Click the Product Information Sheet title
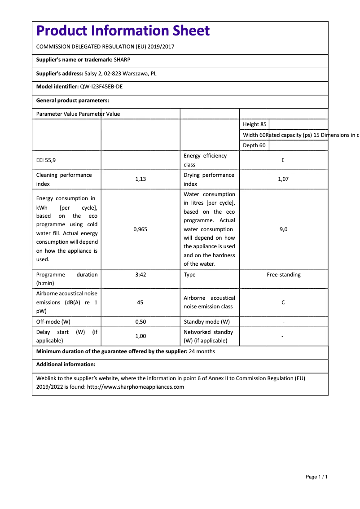[123, 31]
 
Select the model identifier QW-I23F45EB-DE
[101, 87]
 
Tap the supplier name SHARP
[122, 59]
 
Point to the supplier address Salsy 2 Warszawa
[120, 73]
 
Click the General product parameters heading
[72, 101]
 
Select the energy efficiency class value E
[283, 160]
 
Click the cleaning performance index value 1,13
[140, 179]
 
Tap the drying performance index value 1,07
[283, 179]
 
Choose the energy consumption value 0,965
[140, 229]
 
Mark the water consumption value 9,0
[283, 229]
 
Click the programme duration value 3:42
[140, 275]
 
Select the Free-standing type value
[283, 275]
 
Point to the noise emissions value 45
[140, 303]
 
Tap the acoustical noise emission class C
[283, 303]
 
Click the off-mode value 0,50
[140, 322]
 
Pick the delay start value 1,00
[140, 336]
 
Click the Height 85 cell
[255, 124]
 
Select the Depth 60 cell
[254, 145]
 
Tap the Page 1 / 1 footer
[316, 477]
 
